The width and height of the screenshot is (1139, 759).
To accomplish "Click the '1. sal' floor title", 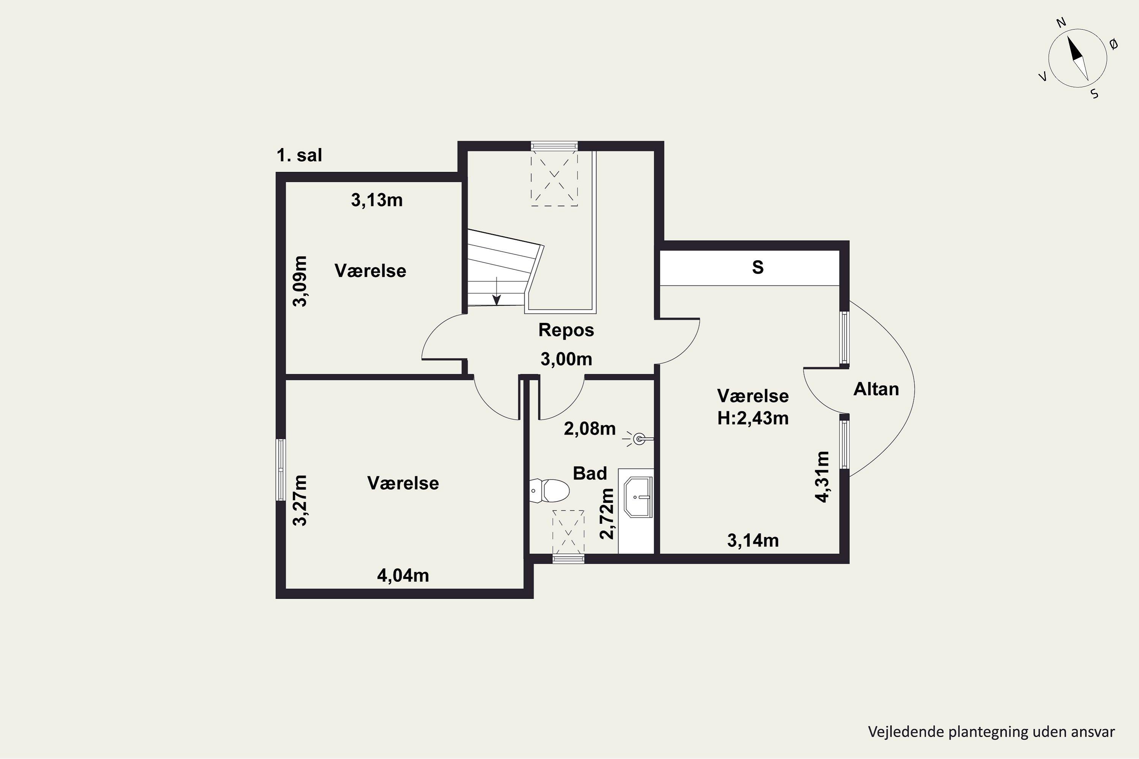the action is point(299,155).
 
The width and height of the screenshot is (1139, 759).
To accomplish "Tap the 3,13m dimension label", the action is point(377,200).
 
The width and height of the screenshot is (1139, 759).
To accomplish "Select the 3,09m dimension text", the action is point(300,281).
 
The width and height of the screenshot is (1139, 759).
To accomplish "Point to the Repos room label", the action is point(566,330).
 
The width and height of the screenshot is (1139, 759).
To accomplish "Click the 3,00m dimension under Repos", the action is point(566,359).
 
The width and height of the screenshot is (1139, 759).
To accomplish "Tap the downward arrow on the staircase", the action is point(496,291).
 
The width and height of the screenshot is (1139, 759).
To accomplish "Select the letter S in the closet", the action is point(758,267).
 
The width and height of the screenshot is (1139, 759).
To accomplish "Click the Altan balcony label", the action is point(876,389).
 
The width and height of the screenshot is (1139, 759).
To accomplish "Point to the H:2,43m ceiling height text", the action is point(753,418).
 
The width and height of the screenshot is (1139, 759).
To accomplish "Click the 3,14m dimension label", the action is point(753,541).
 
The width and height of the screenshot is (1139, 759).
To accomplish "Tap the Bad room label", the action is point(590,473).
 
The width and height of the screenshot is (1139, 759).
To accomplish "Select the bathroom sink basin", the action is point(638,497).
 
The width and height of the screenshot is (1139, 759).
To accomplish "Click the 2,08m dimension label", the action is point(590,429).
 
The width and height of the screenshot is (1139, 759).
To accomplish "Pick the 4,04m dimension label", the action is point(403,576).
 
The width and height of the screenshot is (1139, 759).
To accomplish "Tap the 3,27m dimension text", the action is point(300,500).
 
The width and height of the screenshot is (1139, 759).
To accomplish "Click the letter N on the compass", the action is point(1061,35).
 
